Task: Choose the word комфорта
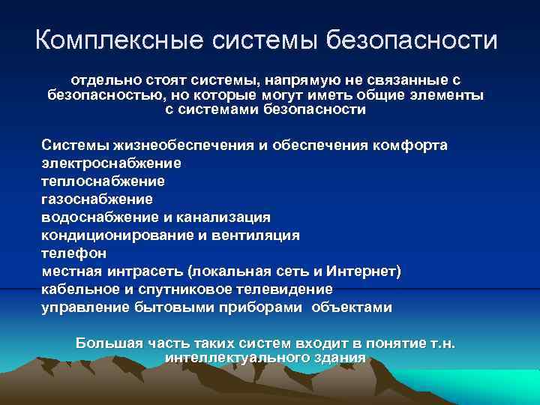408,145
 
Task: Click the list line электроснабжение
111,163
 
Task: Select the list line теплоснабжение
103,181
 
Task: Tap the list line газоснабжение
97,199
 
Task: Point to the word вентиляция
255,235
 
